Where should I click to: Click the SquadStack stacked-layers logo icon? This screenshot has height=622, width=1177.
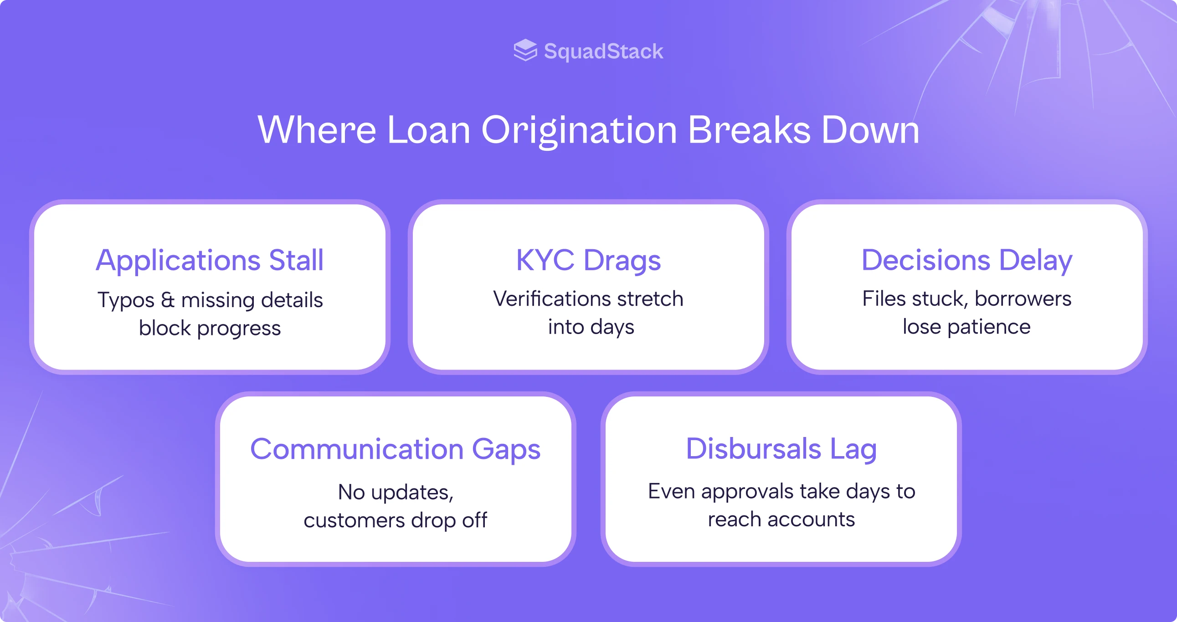pos(525,50)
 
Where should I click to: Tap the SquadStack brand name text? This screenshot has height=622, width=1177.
pos(603,51)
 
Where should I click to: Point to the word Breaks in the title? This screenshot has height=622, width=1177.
pos(749,130)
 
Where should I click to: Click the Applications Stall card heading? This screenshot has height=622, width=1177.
pos(210,260)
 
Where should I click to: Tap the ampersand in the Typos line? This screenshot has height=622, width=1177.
pos(168,300)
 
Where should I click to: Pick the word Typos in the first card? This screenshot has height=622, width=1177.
pos(126,301)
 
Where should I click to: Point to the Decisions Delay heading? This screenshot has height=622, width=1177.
pos(966,260)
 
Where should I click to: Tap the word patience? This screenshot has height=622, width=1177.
pos(989,327)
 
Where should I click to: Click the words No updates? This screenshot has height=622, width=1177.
pos(395,492)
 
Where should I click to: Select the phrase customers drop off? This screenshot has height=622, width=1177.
pos(395,520)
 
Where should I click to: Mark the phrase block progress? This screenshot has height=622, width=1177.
pos(210,328)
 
